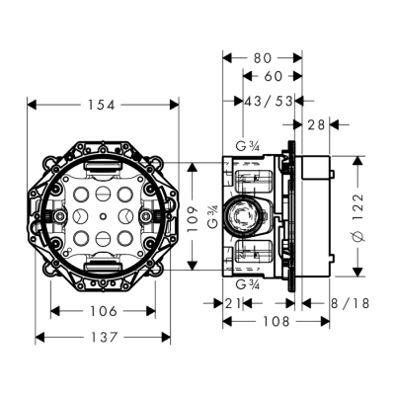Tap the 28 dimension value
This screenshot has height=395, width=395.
[x=316, y=123]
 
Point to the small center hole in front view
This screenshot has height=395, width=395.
[x=103, y=215]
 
